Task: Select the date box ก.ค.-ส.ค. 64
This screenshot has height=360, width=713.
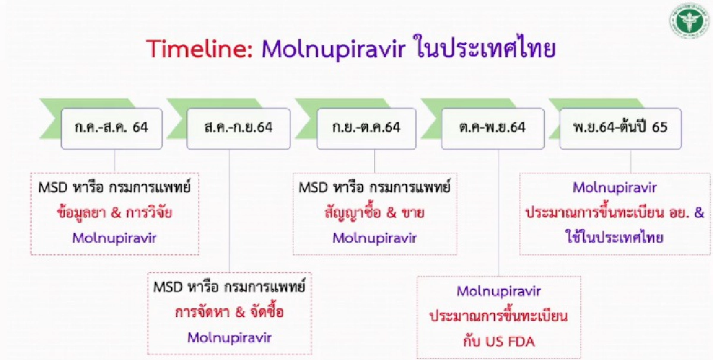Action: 112,128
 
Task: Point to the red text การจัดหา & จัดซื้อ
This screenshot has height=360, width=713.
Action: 229,312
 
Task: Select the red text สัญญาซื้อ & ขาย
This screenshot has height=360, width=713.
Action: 374,213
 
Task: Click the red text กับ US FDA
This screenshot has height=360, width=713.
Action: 498,340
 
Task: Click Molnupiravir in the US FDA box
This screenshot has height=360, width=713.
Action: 498,291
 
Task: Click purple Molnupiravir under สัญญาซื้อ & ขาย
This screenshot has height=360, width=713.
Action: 374,238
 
